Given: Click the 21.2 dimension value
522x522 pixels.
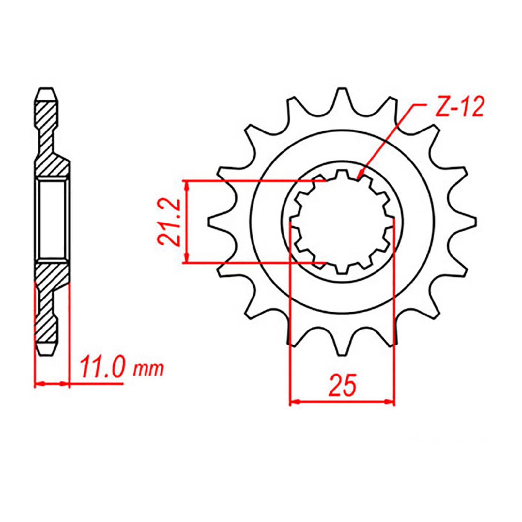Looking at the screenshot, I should (x=169, y=222).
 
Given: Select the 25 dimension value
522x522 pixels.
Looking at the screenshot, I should (x=342, y=386).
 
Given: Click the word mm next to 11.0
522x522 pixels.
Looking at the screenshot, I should (x=148, y=370).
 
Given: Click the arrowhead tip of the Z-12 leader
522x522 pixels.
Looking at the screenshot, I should (x=359, y=179).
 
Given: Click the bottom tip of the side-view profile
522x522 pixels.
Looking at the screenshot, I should (x=45, y=354).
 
